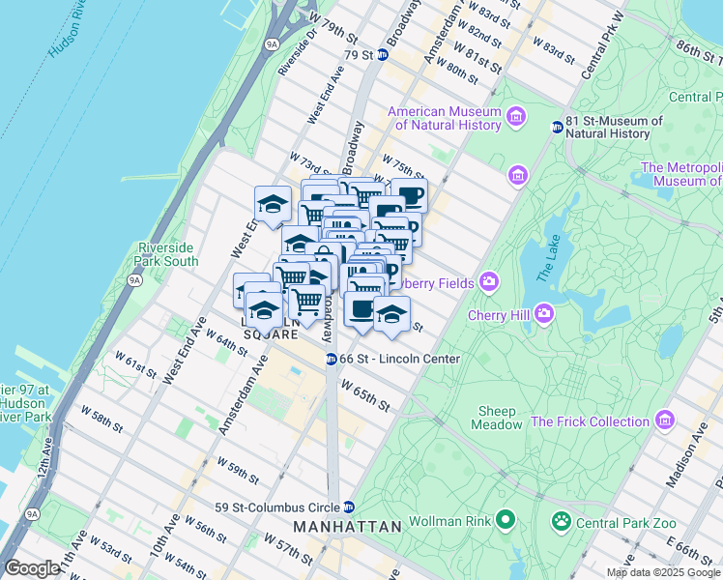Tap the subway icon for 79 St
[x=382, y=55]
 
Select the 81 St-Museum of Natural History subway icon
[x=557, y=127]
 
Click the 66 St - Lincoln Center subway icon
[x=330, y=359]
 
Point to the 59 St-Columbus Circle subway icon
[x=349, y=507]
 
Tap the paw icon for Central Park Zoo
[x=561, y=522]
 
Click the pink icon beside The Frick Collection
[x=664, y=421]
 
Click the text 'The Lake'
[x=546, y=262]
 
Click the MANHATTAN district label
[x=347, y=527]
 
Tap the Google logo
[x=33, y=568]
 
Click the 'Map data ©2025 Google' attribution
[x=662, y=572]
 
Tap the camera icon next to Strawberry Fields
[x=489, y=282]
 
